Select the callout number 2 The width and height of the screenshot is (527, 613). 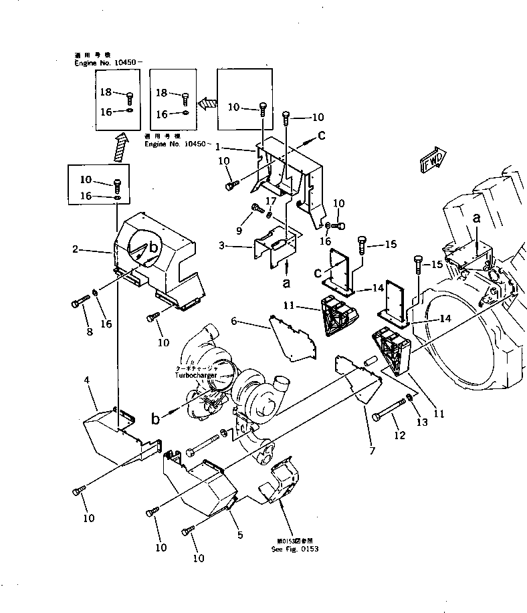(x=76, y=249)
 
